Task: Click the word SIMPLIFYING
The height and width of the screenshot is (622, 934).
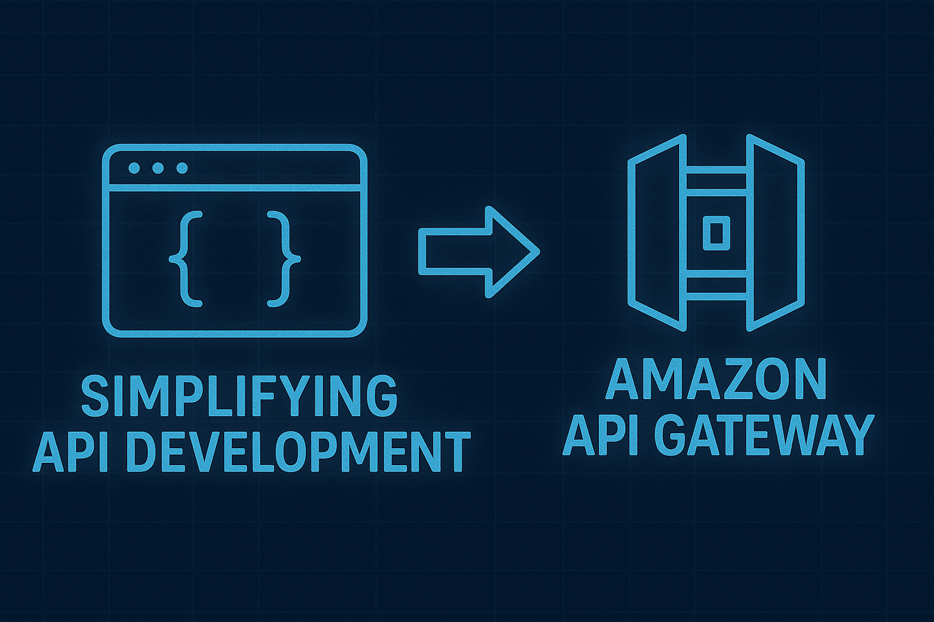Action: point(239,396)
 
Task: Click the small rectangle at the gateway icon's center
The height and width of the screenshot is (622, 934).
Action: point(715,233)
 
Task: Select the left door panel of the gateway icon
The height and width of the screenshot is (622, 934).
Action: point(657,233)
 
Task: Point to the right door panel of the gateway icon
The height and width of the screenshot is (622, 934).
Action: point(776,233)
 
